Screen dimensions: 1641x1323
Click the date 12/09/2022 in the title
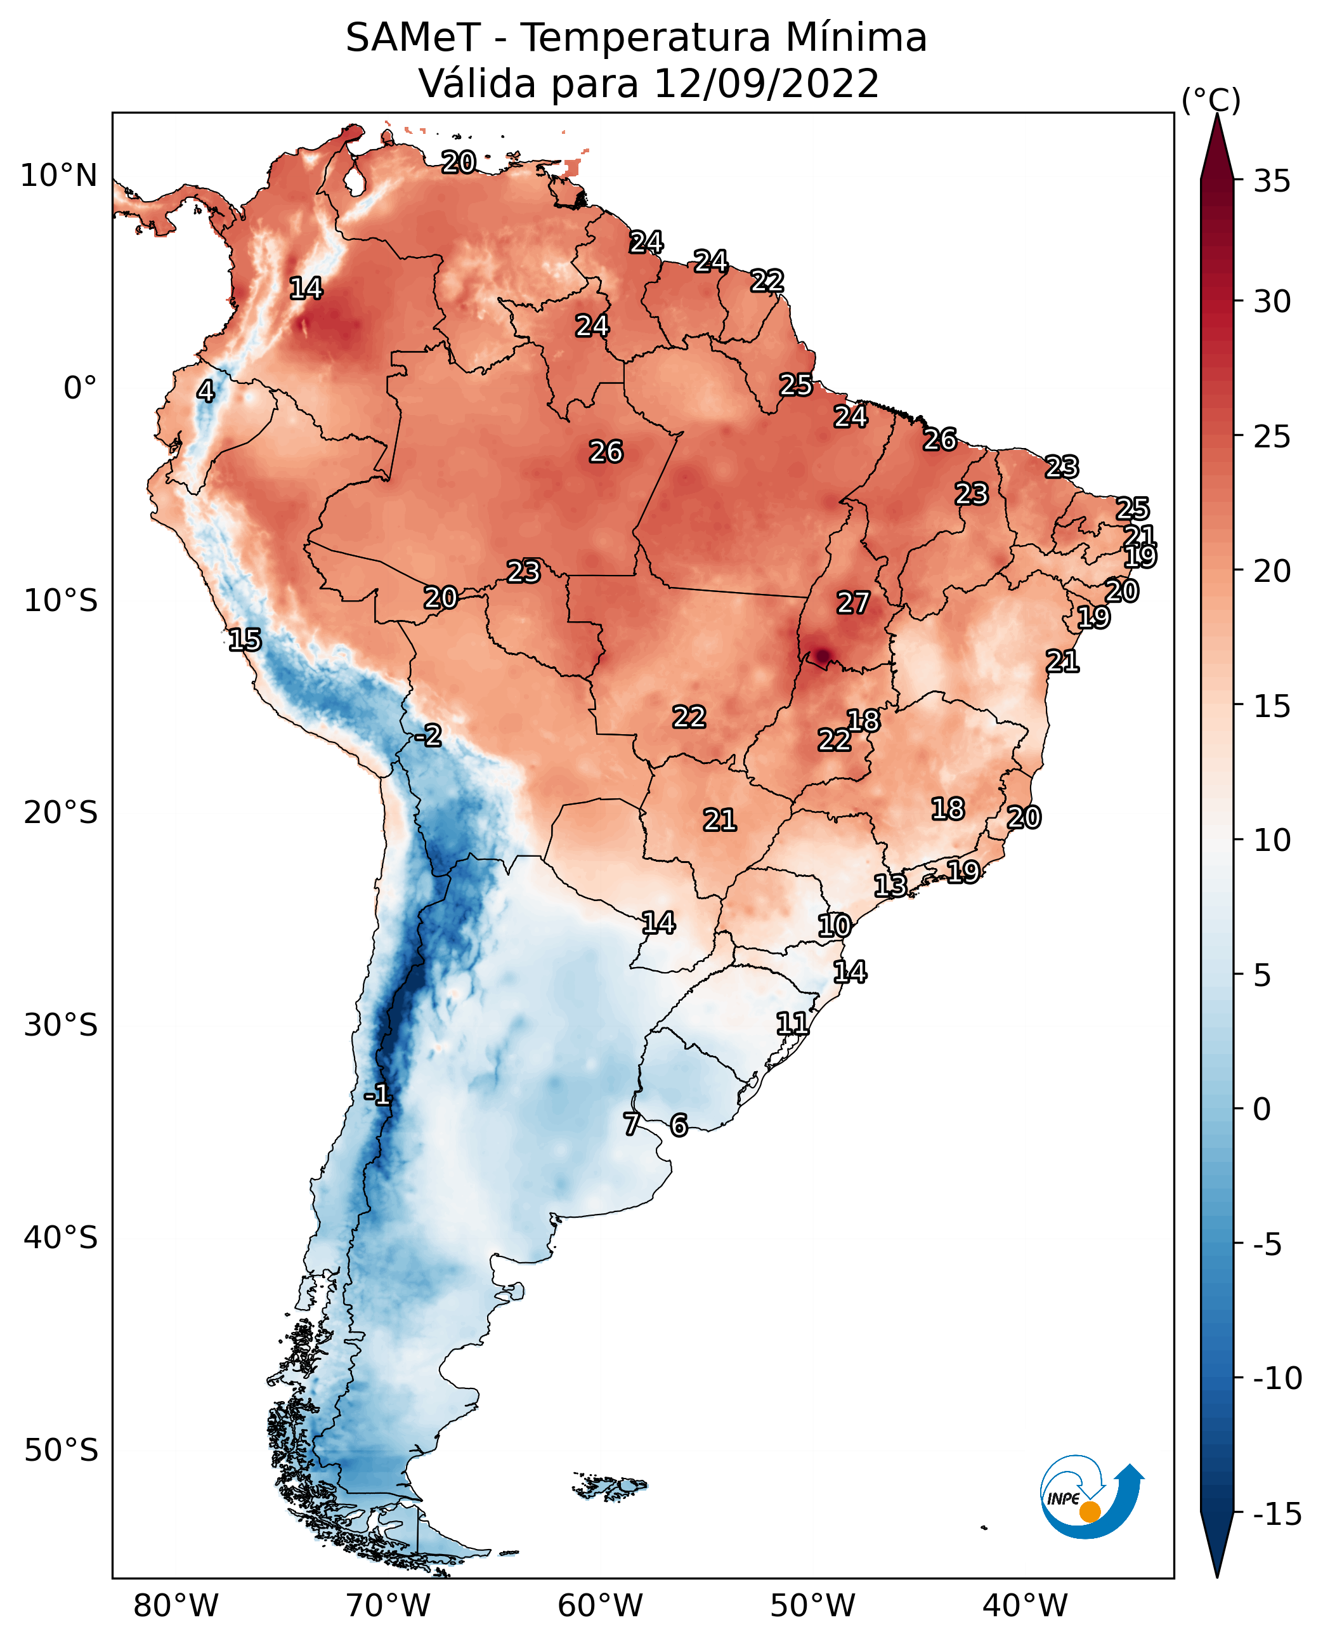766,83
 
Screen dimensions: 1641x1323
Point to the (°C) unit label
1210,100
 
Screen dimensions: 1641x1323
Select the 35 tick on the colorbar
1272,181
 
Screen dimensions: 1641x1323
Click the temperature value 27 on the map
853,603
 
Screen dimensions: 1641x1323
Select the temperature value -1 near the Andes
377,1096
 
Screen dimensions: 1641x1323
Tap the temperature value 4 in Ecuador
205,391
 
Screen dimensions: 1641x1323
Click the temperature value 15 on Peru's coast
245,640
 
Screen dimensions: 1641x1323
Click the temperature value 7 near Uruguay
631,1124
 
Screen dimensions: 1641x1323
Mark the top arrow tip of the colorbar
1217,116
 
